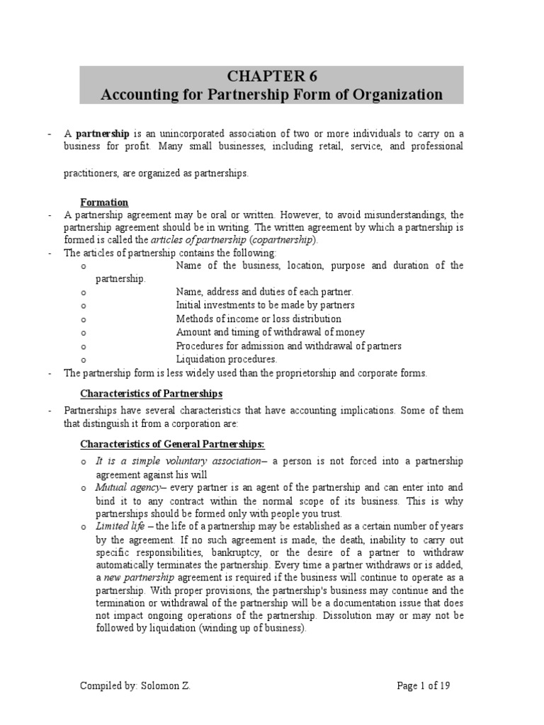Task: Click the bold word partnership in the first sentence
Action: pos(102,133)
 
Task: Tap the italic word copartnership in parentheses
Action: pos(280,240)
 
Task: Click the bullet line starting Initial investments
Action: pos(265,305)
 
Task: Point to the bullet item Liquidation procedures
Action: pos(226,359)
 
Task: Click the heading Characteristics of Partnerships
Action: pos(151,393)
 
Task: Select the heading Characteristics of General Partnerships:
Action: pos(171,444)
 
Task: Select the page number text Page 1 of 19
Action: pos(423,685)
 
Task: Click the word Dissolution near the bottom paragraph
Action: pos(349,615)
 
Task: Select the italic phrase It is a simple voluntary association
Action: pos(178,461)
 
